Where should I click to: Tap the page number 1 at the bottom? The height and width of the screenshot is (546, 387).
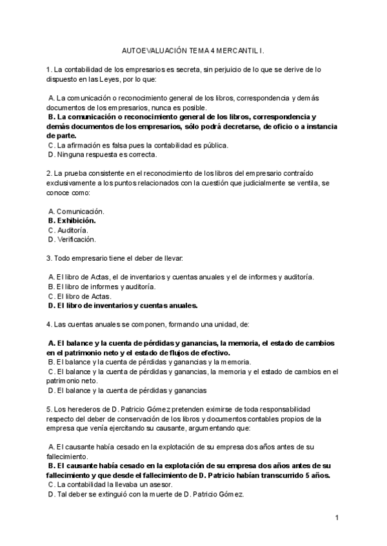337,517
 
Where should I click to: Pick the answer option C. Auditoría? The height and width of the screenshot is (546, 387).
68,230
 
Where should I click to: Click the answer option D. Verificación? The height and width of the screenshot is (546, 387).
72,240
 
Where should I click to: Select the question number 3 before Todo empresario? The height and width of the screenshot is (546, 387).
49,258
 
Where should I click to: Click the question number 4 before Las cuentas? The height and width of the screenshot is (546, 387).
49,325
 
